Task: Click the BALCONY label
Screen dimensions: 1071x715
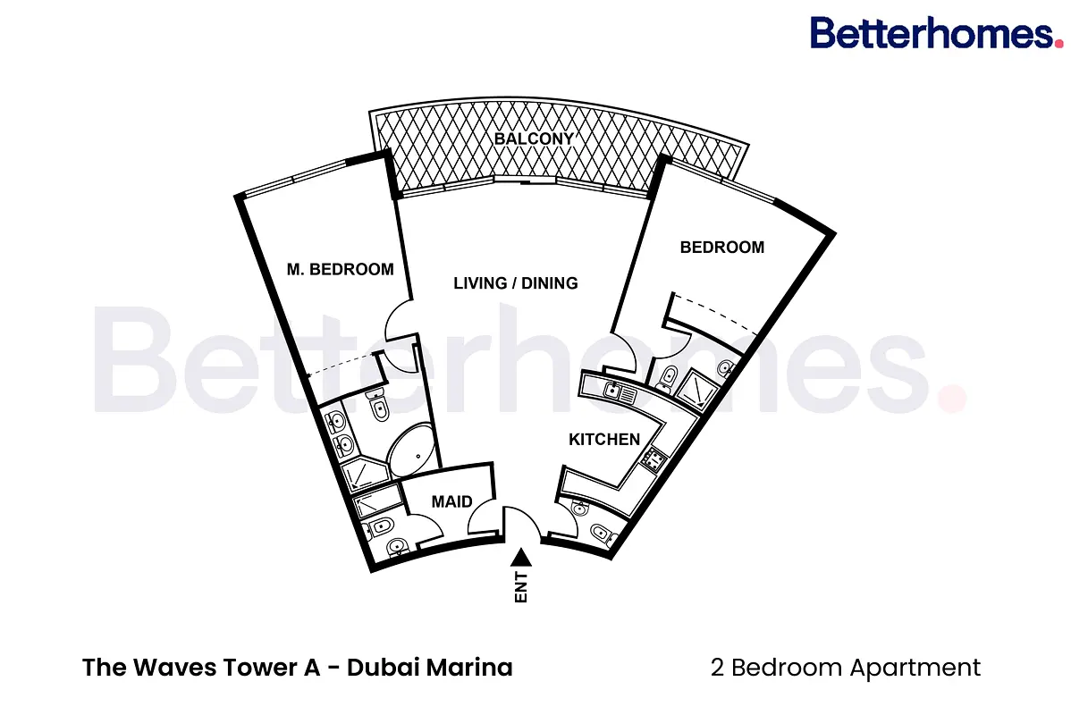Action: pyautogui.click(x=534, y=139)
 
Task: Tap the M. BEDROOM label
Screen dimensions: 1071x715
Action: pyautogui.click(x=340, y=270)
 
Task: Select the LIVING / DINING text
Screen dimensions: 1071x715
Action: pyautogui.click(x=516, y=282)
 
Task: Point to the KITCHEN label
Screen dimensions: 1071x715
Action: pyautogui.click(x=604, y=439)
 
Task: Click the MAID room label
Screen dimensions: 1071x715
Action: pyautogui.click(x=451, y=502)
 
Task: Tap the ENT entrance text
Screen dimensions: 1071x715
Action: pyautogui.click(x=521, y=587)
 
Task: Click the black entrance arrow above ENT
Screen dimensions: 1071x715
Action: pyautogui.click(x=521, y=557)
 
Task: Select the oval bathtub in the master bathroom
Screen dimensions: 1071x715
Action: pyautogui.click(x=410, y=453)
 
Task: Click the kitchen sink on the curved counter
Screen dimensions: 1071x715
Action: pyautogui.click(x=612, y=391)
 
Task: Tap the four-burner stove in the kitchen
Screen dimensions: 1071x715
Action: pyautogui.click(x=654, y=459)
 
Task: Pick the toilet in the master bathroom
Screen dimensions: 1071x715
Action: pyautogui.click(x=378, y=407)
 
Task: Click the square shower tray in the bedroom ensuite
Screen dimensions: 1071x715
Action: pyautogui.click(x=696, y=390)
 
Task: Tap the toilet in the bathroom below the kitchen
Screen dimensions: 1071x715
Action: pyautogui.click(x=601, y=533)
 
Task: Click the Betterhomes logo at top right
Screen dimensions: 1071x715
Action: pyautogui.click(x=936, y=33)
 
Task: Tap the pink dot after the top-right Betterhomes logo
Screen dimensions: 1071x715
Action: pyautogui.click(x=1058, y=43)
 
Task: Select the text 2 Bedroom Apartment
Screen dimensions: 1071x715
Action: pyautogui.click(x=846, y=668)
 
